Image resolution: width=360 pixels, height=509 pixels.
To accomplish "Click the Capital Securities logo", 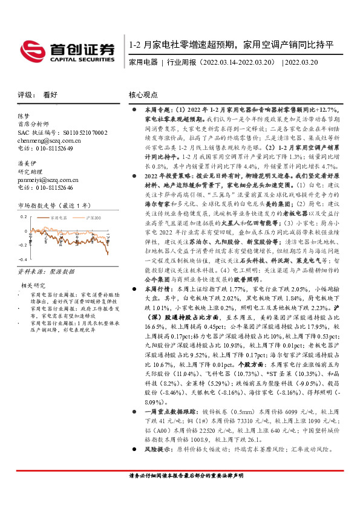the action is (x=67, y=50).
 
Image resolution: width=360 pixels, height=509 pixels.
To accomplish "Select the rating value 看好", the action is (x=50, y=95).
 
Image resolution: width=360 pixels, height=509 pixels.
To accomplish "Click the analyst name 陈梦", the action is (x=23, y=115).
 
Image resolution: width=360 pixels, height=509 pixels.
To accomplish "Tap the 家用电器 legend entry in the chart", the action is (x=59, y=216).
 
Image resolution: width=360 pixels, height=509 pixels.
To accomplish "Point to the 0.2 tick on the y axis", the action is (x=24, y=215).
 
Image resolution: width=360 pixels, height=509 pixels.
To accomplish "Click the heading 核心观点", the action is (x=143, y=95).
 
